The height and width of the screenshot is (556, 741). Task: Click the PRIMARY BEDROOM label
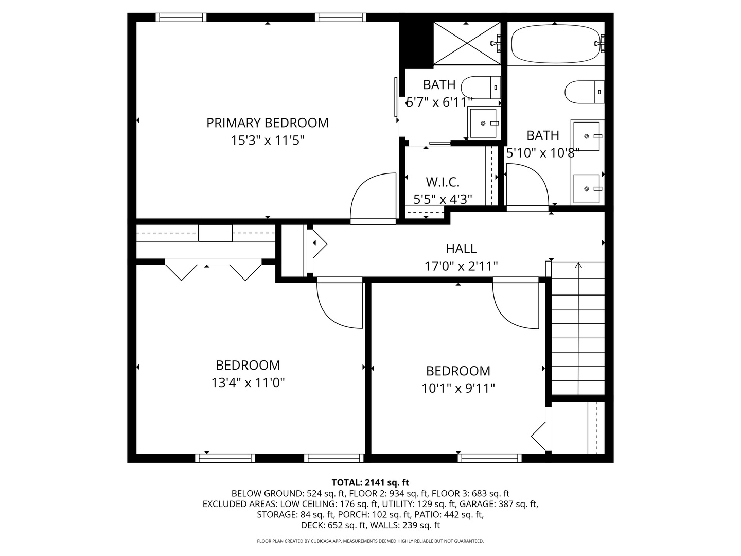coord(268,123)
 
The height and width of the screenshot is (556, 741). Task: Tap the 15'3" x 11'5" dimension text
coord(268,141)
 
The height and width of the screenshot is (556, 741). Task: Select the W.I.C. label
coord(443,182)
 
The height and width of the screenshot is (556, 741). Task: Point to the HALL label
coord(461,249)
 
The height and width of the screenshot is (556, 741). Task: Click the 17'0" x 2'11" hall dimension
coord(461,266)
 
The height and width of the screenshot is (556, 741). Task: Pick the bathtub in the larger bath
coord(556,44)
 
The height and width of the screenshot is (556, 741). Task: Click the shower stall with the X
coord(467,43)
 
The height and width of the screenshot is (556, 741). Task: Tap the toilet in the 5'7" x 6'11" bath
coord(481,88)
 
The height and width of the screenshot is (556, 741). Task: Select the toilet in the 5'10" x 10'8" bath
coord(585,92)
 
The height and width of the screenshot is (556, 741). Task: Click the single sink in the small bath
coord(483,123)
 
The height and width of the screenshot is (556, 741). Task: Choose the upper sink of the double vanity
coord(587,136)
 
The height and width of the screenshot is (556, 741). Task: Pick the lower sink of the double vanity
coord(587,189)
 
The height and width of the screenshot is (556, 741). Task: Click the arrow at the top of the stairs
coord(578,265)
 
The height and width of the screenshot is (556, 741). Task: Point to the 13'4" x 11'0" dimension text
coord(248,383)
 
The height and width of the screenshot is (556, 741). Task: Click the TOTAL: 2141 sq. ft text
coord(370,482)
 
